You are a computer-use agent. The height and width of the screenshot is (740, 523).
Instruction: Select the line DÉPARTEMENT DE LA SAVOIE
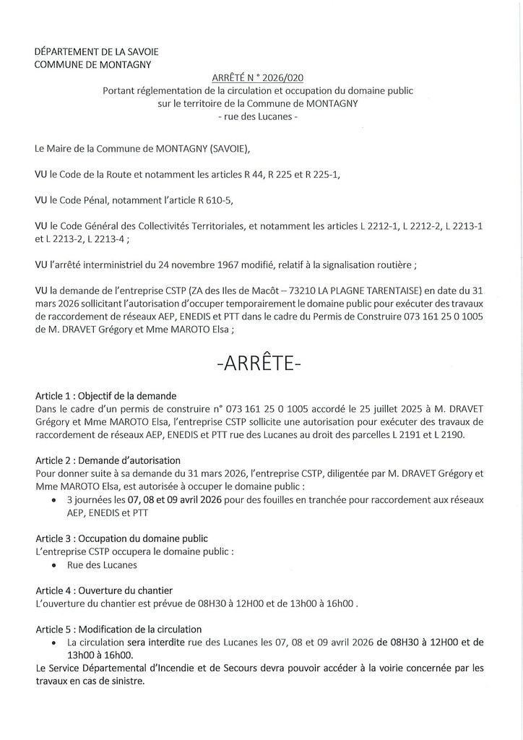(x=96, y=52)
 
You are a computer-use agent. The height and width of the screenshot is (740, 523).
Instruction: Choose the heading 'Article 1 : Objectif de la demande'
(x=105, y=396)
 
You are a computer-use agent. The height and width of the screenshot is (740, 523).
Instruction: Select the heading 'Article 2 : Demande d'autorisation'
(x=108, y=460)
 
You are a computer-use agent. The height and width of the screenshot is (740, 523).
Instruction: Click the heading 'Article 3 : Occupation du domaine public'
(x=121, y=538)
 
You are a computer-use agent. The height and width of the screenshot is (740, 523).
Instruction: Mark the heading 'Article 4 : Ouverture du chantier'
(x=104, y=590)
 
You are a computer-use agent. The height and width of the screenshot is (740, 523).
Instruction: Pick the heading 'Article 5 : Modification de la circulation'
(x=118, y=629)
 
